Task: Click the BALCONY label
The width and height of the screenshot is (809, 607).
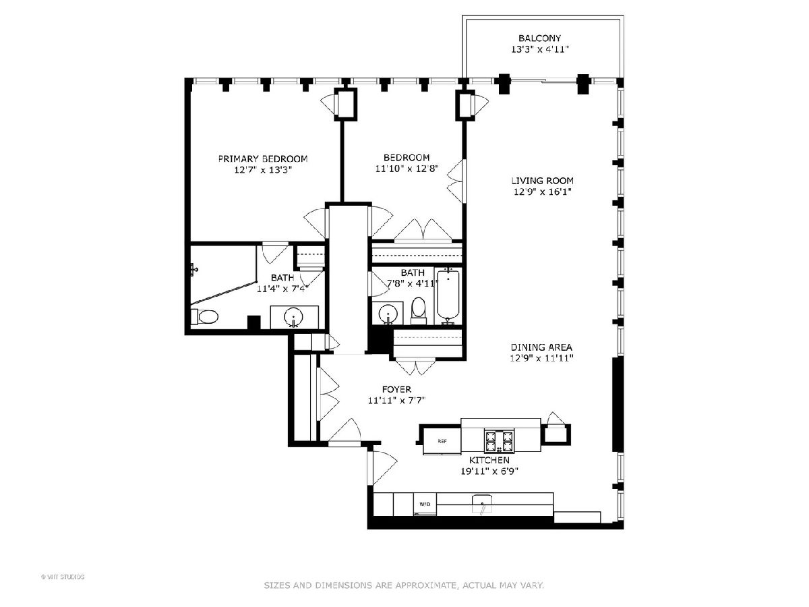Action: click(x=539, y=38)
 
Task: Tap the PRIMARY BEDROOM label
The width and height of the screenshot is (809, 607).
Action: click(x=263, y=159)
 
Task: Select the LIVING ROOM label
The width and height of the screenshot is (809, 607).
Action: click(x=542, y=181)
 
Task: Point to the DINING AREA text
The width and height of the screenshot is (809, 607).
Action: click(x=541, y=347)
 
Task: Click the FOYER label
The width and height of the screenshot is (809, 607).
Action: click(x=396, y=389)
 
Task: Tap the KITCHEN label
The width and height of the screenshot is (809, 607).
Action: click(x=489, y=460)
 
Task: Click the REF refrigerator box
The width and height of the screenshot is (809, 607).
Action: click(x=442, y=441)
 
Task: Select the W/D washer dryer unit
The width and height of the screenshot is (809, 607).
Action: click(x=425, y=504)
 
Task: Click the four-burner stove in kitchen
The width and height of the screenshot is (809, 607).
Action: click(x=499, y=441)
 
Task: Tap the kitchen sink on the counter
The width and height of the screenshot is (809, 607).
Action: click(x=482, y=503)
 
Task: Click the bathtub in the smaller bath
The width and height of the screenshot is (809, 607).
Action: click(x=448, y=297)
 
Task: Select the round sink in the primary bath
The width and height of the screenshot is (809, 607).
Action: click(x=294, y=317)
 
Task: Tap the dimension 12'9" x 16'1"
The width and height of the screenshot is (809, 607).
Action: click(x=543, y=192)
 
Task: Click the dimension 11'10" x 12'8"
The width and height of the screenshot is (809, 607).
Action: click(x=407, y=169)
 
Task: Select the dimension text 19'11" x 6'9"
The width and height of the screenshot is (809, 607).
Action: click(x=489, y=471)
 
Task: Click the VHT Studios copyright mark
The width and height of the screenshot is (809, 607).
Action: click(x=63, y=577)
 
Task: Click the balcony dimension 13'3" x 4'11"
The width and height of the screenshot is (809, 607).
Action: click(x=540, y=49)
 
